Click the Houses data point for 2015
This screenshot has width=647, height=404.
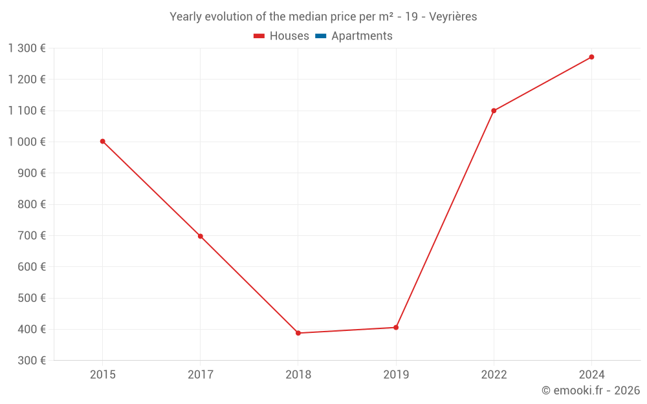tap(102, 141)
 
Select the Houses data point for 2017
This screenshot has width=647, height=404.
tap(200, 236)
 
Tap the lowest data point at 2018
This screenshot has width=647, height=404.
tap(298, 333)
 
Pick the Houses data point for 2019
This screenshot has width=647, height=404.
tap(396, 327)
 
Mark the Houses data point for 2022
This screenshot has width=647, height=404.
tap(494, 111)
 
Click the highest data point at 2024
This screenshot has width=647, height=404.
tap(591, 57)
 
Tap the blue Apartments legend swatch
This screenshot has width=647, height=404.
tap(321, 36)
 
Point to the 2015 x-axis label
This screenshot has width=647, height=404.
tap(102, 374)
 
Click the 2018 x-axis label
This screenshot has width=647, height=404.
tap(298, 374)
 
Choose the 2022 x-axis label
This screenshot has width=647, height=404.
tap(494, 374)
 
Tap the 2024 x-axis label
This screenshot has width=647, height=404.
tap(591, 374)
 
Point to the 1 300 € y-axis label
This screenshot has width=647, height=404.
tap(27, 48)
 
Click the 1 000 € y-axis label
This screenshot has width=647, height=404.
tap(27, 142)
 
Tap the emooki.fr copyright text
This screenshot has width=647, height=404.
tap(591, 390)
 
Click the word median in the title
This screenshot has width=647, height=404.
tap(303, 17)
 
